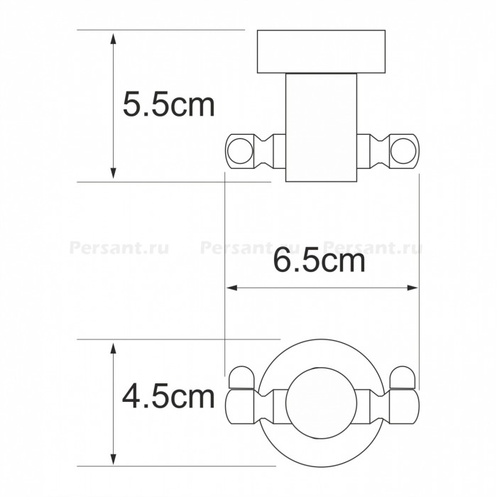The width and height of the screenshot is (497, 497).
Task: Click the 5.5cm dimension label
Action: tap(169, 104)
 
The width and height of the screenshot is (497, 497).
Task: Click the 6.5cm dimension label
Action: tap(319, 261)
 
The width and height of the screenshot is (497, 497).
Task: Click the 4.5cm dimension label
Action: tap(169, 396)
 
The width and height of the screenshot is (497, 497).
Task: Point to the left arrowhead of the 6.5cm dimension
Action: tap(232, 288)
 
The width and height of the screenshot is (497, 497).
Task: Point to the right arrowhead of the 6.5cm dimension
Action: tap(412, 288)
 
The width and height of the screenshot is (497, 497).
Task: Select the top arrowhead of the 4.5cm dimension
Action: tap(113, 348)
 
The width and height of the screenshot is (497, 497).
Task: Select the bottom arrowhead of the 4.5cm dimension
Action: tap(113, 459)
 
